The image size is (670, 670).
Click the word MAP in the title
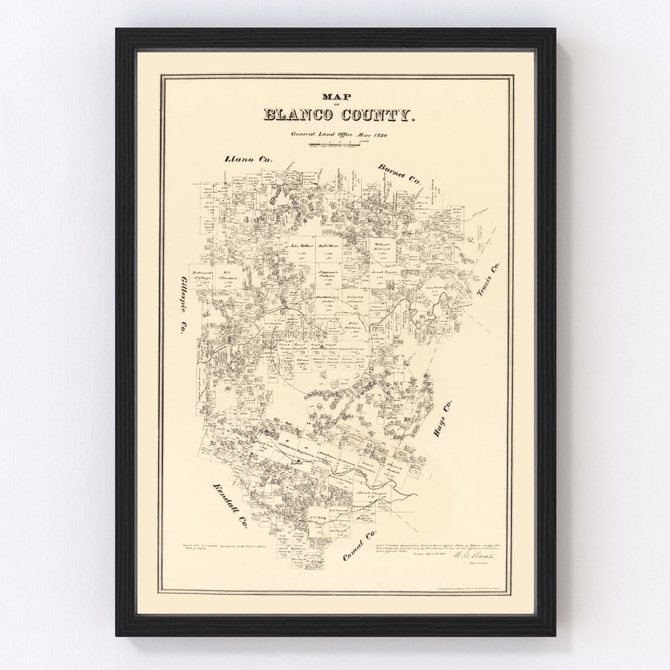tap(336, 96)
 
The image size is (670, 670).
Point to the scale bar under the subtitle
tap(336, 145)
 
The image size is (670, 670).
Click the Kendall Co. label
tap(230, 505)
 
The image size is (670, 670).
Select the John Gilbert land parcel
tap(299, 246)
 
